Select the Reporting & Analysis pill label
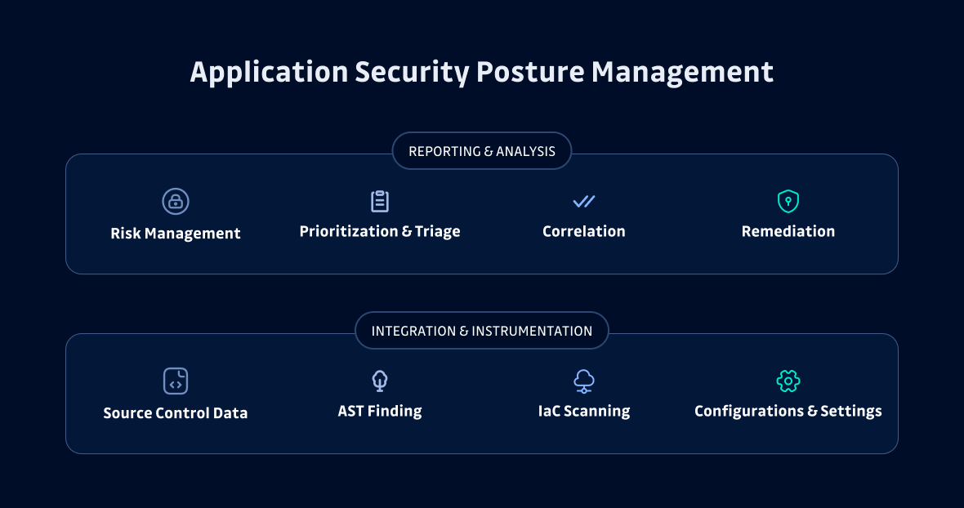pyautogui.click(x=482, y=151)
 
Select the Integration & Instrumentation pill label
pyautogui.click(x=482, y=331)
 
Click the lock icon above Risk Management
pyautogui.click(x=176, y=201)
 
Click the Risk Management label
pyautogui.click(x=176, y=234)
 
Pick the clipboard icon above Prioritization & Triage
pyautogui.click(x=380, y=201)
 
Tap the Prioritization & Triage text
pyautogui.click(x=380, y=232)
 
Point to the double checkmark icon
pyautogui.click(x=583, y=201)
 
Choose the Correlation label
pyautogui.click(x=583, y=232)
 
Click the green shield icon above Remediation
pyautogui.click(x=788, y=201)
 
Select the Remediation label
pyautogui.click(x=788, y=232)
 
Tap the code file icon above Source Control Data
pyautogui.click(x=176, y=381)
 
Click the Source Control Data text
pyautogui.click(x=176, y=413)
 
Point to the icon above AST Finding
pyautogui.click(x=380, y=381)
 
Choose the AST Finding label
pyautogui.click(x=380, y=412)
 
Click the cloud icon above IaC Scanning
pyautogui.click(x=583, y=381)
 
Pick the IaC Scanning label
pyautogui.click(x=583, y=412)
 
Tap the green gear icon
pyautogui.click(x=788, y=381)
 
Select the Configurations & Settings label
pyautogui.click(x=788, y=412)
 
